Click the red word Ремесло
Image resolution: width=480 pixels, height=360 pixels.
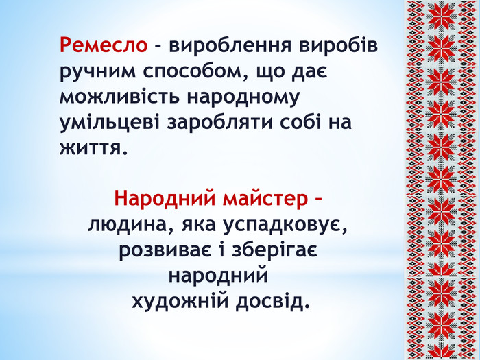pyautogui.click(x=104, y=45)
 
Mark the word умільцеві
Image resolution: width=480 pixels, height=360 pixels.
pyautogui.click(x=110, y=123)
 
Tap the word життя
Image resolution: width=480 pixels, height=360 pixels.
pyautogui.click(x=93, y=149)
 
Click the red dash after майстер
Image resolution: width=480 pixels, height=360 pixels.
pyautogui.click(x=317, y=200)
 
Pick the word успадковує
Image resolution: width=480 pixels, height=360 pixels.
pyautogui.click(x=285, y=226)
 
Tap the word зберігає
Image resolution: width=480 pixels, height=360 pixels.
pyautogui.click(x=274, y=250)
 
